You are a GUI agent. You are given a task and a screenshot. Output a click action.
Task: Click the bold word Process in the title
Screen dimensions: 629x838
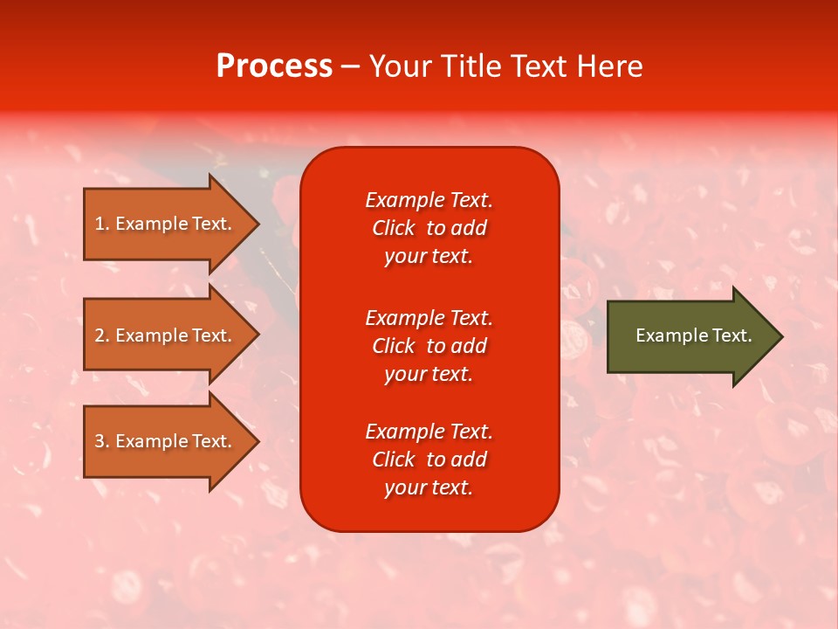pos(274,66)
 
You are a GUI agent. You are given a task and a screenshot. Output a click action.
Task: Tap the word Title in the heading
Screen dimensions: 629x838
pos(473,66)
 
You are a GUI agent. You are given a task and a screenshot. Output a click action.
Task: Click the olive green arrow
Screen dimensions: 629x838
pos(690,335)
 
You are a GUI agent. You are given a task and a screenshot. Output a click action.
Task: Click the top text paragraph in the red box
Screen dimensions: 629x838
pos(429,228)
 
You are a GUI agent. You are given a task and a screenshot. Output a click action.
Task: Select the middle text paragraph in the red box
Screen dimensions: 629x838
pos(429,346)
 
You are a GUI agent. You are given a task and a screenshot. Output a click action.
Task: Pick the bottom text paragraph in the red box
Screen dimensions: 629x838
pos(429,460)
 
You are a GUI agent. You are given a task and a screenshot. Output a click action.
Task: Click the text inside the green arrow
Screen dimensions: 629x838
pos(693,335)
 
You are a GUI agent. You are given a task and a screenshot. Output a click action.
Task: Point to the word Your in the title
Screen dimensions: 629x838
pos(401,66)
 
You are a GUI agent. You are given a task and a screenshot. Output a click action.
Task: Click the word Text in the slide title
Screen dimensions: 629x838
pos(539,66)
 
